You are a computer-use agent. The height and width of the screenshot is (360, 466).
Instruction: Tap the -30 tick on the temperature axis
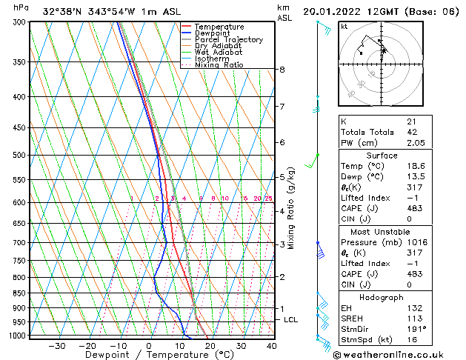click(x=56, y=345)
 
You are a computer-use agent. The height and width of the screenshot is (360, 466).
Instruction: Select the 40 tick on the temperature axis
click(x=272, y=345)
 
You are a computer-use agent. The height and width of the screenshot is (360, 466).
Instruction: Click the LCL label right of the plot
click(x=291, y=319)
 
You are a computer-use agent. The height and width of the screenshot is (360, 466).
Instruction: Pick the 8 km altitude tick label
click(x=282, y=70)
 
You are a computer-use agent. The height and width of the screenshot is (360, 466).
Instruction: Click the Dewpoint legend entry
click(x=214, y=33)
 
